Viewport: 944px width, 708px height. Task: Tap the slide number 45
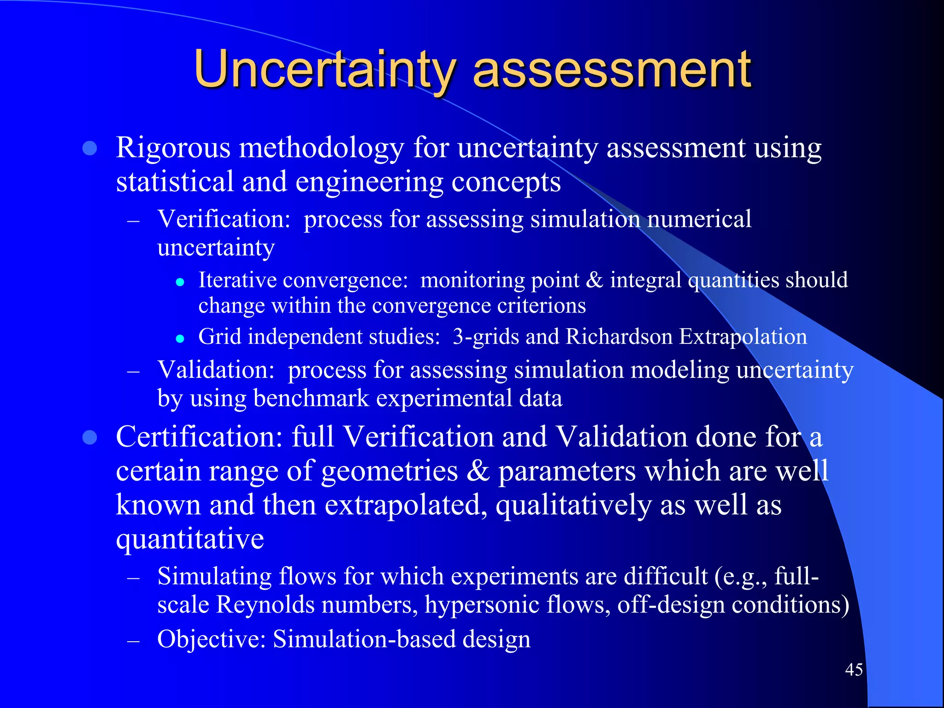(x=854, y=669)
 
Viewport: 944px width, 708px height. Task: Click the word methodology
(x=321, y=148)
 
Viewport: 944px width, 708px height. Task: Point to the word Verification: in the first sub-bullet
(x=224, y=218)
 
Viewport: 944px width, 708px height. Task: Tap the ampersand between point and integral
(x=594, y=280)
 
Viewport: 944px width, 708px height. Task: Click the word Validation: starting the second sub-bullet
(x=216, y=370)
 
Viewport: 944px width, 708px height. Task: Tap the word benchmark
(x=311, y=398)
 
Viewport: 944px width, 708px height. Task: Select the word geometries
(x=389, y=471)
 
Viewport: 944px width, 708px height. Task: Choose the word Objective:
(x=211, y=639)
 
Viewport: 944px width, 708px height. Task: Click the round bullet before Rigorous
(x=89, y=148)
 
